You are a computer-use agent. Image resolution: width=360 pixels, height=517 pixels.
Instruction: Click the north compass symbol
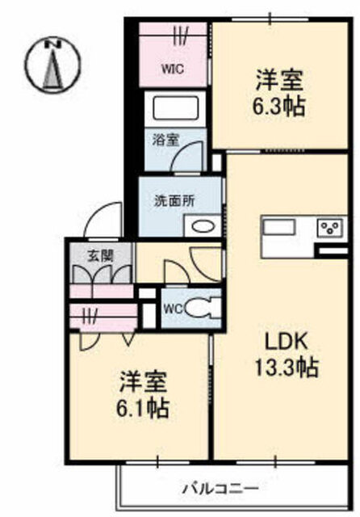[x=53, y=63]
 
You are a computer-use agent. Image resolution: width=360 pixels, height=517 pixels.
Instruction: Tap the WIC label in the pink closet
[x=172, y=69]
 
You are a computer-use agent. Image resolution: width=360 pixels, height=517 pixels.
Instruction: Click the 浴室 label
[x=166, y=140]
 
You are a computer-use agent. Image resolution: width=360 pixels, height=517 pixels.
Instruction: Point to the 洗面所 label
[x=174, y=201]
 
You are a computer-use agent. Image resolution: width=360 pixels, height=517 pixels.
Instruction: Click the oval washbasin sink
[x=203, y=227]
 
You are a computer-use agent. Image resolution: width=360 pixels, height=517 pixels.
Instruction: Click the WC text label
[x=174, y=309]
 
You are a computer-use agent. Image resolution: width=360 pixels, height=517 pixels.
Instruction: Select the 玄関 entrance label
[x=100, y=255]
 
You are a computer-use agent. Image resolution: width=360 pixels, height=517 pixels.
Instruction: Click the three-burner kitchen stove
[x=332, y=228]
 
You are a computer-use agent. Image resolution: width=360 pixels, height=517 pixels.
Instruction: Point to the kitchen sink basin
[x=278, y=227]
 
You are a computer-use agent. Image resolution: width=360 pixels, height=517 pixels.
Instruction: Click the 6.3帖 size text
[x=278, y=106]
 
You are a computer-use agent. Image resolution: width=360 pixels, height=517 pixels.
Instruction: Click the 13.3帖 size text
[x=287, y=368]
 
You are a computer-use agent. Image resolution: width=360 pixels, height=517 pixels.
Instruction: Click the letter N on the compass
[x=53, y=44]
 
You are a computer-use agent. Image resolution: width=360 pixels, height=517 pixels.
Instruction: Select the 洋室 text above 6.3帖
[x=279, y=80]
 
